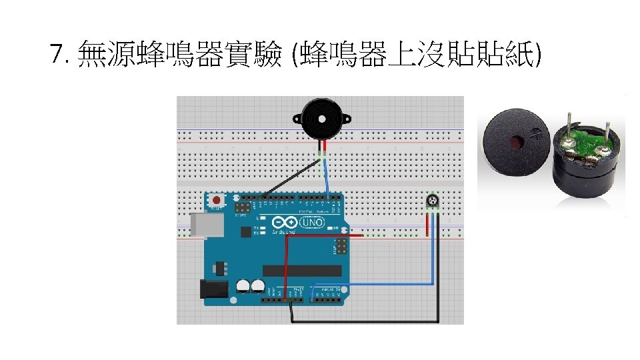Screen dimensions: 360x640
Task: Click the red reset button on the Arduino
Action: click(217, 199)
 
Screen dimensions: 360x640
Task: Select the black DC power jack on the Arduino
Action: click(213, 288)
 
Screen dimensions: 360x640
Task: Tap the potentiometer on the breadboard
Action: click(433, 201)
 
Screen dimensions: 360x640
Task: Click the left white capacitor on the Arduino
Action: click(243, 285)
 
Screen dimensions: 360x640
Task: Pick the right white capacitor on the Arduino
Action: click(257, 285)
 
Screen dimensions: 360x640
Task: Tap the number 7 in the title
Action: click(58, 53)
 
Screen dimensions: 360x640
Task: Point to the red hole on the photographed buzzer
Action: click(515, 142)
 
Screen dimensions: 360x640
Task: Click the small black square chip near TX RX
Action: click(246, 232)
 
